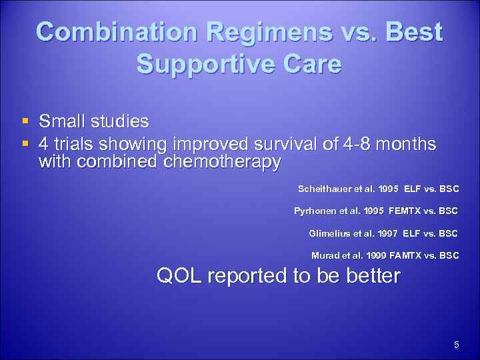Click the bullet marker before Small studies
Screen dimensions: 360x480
tap(25, 121)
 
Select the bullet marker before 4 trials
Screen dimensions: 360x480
tap(25, 144)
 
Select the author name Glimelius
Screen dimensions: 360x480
tap(331, 233)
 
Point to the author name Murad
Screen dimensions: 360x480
tap(325, 255)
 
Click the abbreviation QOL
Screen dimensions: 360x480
tap(180, 275)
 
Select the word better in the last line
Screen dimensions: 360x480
tap(372, 275)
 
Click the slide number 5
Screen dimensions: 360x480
tap(456, 345)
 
